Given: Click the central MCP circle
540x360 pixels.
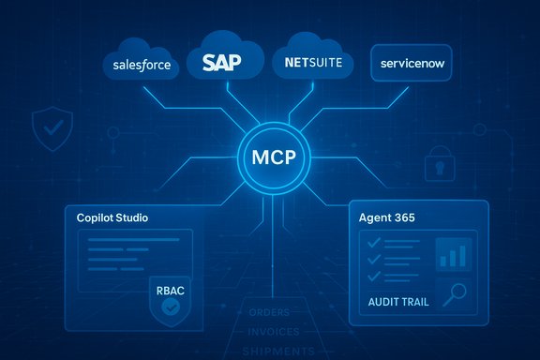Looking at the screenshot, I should (x=270, y=155).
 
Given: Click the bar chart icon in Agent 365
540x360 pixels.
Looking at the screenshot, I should (x=455, y=254).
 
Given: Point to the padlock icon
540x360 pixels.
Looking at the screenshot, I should (x=436, y=165).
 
